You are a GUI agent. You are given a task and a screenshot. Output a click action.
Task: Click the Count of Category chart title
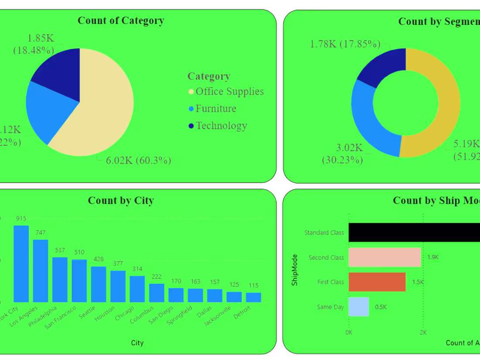click(121, 21)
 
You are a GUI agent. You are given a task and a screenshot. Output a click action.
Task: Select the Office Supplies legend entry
click(229, 92)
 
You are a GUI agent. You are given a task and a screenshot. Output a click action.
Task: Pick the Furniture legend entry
click(215, 109)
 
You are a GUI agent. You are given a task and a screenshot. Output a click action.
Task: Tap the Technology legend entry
click(221, 126)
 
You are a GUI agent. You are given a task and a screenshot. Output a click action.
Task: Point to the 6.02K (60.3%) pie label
click(138, 161)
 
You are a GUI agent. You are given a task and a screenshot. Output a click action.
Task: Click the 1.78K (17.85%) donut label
click(345, 44)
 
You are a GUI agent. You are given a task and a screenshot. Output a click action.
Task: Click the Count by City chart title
click(121, 201)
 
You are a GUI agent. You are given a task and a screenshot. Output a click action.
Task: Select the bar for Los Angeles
click(41, 271)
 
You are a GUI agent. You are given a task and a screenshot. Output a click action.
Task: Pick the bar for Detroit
click(254, 297)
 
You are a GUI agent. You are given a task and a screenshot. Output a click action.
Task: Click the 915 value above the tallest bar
click(21, 218)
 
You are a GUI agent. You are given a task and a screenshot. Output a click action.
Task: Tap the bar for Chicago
click(137, 289)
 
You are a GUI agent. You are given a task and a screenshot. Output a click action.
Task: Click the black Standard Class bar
click(415, 232)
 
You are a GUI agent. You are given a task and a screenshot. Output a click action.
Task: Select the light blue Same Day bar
click(359, 307)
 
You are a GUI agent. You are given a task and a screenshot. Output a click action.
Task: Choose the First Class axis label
click(330, 282)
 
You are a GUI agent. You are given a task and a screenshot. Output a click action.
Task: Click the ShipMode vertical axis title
click(295, 270)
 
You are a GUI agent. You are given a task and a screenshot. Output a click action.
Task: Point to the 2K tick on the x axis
click(423, 333)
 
